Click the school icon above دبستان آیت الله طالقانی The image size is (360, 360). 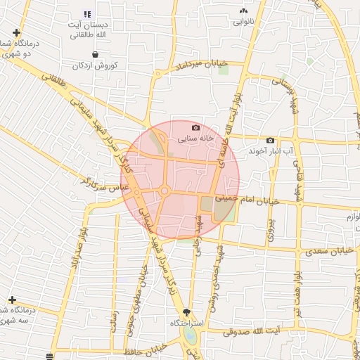click(87, 14)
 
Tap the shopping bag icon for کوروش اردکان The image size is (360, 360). click(94, 54)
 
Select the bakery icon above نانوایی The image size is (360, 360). click(244, 11)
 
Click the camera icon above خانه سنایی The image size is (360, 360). click(195, 128)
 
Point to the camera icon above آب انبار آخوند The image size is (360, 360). click(270, 141)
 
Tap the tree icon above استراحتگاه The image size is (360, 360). click(186, 311)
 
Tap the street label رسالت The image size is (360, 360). click(113, 327)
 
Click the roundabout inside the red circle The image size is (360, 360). click(164, 191)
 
